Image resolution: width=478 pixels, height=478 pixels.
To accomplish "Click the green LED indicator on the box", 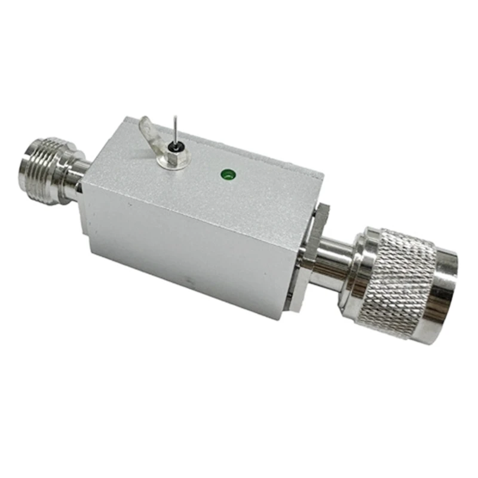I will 227,175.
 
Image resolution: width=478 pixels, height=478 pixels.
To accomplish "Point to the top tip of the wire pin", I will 174,115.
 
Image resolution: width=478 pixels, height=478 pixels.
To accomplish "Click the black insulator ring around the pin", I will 174,148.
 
